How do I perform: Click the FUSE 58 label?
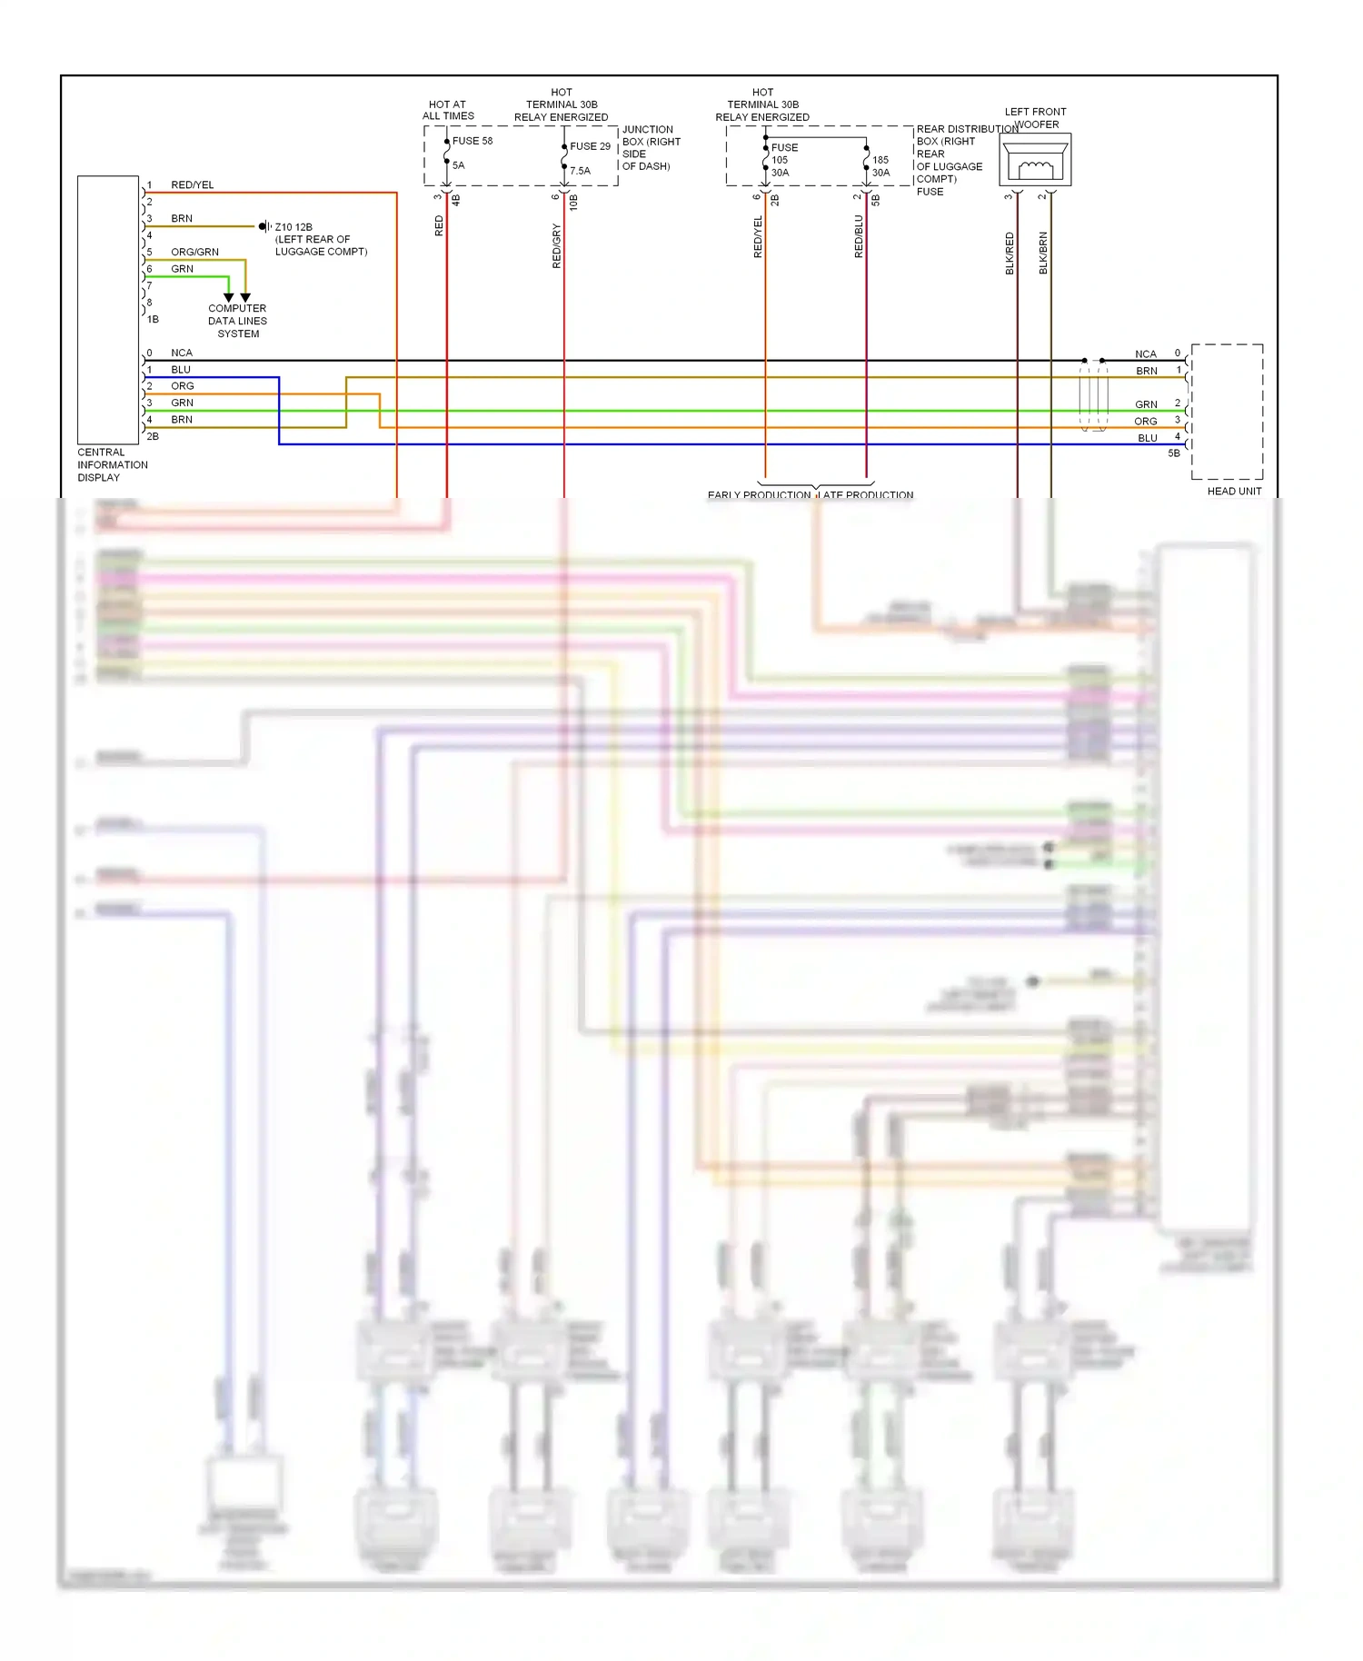472,141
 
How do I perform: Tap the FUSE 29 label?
590,146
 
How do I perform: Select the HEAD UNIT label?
1234,492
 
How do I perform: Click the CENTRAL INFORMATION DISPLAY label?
112,464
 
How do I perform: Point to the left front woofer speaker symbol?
1035,161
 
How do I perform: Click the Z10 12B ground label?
293,227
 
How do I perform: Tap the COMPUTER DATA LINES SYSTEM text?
237,321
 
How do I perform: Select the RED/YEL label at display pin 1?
193,185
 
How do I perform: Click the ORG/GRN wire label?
194,252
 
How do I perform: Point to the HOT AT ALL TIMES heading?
448,110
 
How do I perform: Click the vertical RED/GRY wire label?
557,246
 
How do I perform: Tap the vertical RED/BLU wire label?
859,236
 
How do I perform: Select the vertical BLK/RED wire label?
1010,254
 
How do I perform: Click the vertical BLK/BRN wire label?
1043,254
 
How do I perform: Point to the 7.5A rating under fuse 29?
580,171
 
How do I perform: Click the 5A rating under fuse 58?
458,165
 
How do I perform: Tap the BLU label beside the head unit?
1148,438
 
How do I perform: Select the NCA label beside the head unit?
1146,354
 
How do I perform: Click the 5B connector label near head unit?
1174,453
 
